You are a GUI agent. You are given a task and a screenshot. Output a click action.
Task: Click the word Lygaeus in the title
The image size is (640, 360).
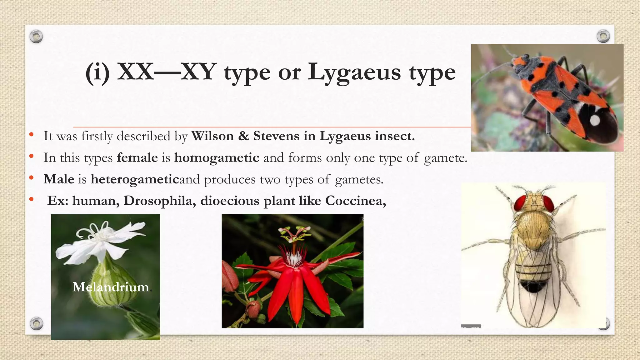pos(354,72)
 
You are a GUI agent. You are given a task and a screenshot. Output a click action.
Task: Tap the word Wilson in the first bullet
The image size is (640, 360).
pos(212,136)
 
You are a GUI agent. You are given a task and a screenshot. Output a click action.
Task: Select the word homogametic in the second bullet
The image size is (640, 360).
pos(217,157)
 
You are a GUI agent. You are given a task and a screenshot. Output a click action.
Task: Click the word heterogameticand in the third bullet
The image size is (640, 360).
pos(145,179)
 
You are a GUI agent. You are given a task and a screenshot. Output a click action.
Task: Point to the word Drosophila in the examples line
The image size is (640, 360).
pos(160,201)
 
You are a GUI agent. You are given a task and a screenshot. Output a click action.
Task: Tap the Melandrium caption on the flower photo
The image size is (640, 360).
pos(111,287)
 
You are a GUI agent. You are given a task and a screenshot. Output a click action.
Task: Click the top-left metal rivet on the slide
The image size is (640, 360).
pos(36,37)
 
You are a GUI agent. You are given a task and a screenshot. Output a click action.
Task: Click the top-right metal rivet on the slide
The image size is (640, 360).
pos(603,36)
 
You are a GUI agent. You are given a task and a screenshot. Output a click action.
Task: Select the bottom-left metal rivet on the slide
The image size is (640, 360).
pos(36,323)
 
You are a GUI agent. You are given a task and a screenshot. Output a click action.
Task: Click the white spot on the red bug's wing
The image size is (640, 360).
pos(595,120)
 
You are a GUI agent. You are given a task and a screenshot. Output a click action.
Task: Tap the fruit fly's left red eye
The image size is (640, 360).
pos(520,203)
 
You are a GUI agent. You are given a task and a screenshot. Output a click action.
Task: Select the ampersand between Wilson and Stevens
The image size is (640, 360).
pos(243,136)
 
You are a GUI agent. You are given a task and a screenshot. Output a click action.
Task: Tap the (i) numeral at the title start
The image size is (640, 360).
pos(97,72)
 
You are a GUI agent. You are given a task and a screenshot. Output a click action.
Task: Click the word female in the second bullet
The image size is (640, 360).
pos(137,157)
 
